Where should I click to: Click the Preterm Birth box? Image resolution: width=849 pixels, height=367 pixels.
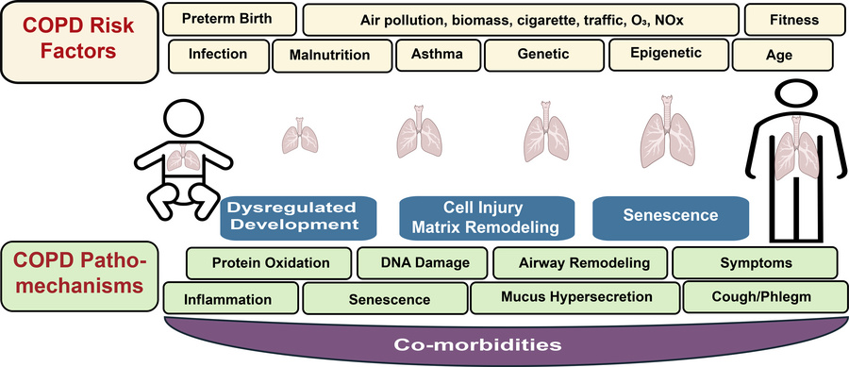(x=227, y=19)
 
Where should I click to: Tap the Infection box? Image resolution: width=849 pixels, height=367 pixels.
(x=217, y=54)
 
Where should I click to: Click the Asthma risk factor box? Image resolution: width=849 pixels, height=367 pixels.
(x=438, y=55)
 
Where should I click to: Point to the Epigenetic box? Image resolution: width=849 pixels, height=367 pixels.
(x=666, y=54)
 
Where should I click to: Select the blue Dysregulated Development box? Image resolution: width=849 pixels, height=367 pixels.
(x=294, y=215)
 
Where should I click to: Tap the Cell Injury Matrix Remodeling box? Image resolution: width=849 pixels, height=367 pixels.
(x=488, y=215)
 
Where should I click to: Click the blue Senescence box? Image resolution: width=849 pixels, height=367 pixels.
(x=670, y=216)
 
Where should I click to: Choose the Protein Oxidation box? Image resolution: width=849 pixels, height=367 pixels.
(x=271, y=262)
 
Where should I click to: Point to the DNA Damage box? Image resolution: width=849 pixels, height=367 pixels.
(x=422, y=262)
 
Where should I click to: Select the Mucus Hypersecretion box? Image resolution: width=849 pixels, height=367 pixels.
(x=574, y=299)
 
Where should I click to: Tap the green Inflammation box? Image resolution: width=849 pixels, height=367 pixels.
(x=229, y=300)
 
